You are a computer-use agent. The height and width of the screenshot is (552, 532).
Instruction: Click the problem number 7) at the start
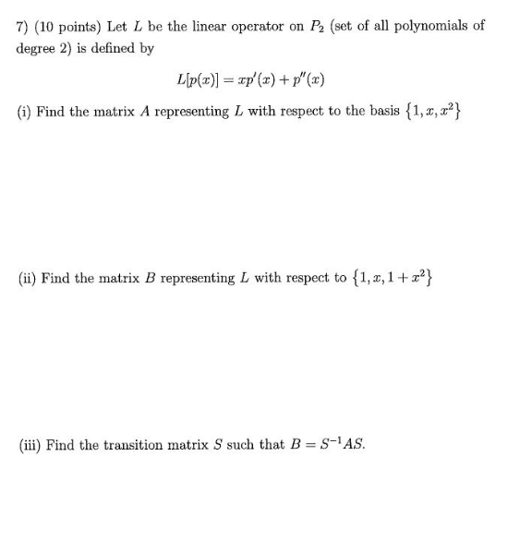(x=24, y=26)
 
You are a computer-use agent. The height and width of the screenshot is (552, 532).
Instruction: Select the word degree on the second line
(x=37, y=47)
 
